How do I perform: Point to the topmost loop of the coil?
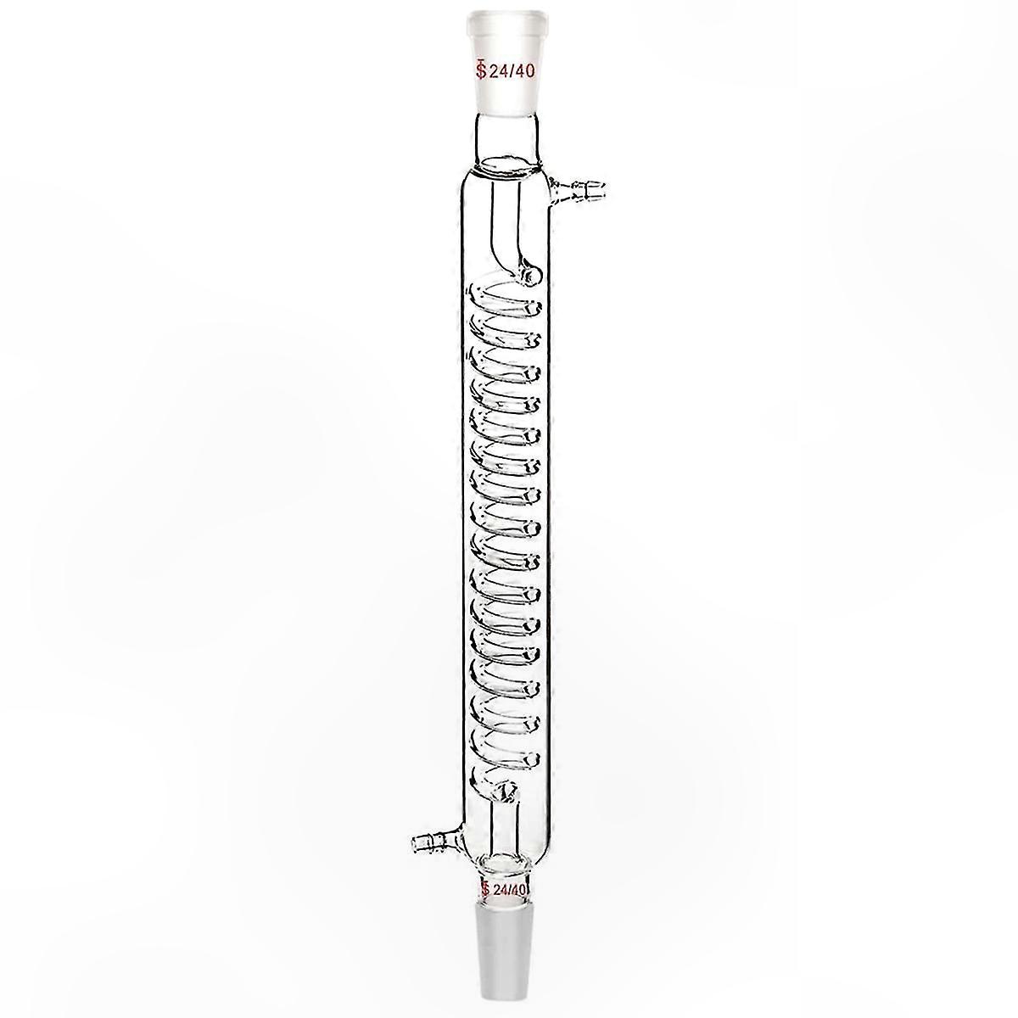pos(505,299)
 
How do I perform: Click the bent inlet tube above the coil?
pos(508,227)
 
